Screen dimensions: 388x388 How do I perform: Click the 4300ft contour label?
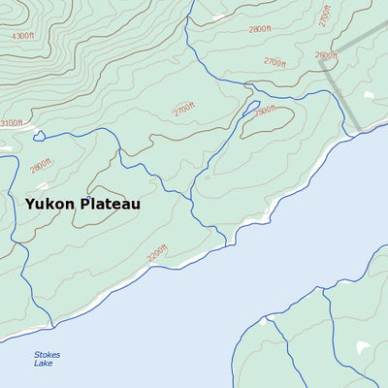pyautogui.click(x=21, y=36)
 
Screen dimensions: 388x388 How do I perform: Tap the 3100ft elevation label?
pyautogui.click(x=11, y=123)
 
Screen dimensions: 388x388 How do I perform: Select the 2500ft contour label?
pyautogui.click(x=264, y=112)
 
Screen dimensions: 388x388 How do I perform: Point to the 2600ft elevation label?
pyautogui.click(x=327, y=56)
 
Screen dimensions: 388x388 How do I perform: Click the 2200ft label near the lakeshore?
pyautogui.click(x=157, y=253)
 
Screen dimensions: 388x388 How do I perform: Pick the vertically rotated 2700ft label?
pyautogui.click(x=324, y=16)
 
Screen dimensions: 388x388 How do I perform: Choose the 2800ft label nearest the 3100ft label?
pyautogui.click(x=40, y=166)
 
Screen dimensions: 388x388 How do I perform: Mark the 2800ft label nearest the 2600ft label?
pyautogui.click(x=260, y=29)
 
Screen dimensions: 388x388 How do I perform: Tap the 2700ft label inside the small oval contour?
pyautogui.click(x=184, y=109)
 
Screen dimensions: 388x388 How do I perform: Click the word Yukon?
pyautogui.click(x=48, y=205)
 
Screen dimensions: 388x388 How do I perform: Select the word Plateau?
pyautogui.click(x=109, y=205)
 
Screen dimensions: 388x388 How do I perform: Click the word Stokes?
pyautogui.click(x=47, y=355)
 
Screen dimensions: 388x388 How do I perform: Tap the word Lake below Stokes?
pyautogui.click(x=44, y=365)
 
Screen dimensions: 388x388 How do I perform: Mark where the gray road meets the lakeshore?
pyautogui.click(x=357, y=127)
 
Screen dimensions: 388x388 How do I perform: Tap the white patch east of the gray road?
pyautogui.click(x=370, y=96)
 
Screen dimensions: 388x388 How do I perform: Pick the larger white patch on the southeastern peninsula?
pyautogui.click(x=363, y=347)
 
